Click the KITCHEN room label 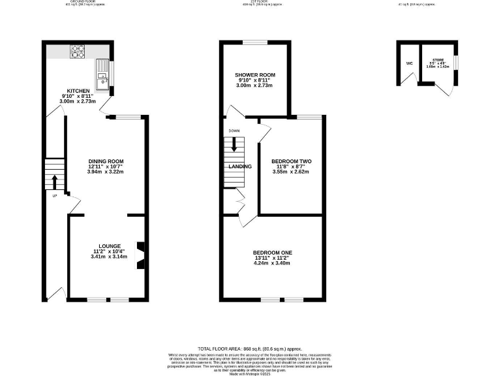coord(78,91)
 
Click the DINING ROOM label coord(106,161)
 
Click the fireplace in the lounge coord(139,255)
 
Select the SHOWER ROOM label coord(254,75)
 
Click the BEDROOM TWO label coord(291,161)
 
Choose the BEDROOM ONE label coord(273,253)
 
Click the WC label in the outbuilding coord(409,63)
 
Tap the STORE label coord(436,57)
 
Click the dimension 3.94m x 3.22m coord(106,172)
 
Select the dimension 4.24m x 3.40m coord(273,263)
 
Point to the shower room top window coord(254,42)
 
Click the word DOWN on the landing coord(234,131)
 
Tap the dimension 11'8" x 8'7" coord(291,167)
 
